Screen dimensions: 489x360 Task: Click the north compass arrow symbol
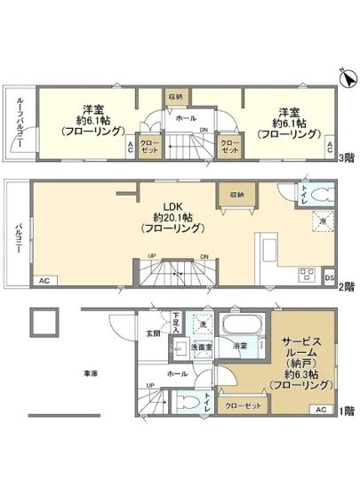click(344, 83)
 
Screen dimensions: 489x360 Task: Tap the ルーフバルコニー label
click(20, 125)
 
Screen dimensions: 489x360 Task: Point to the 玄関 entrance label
click(153, 333)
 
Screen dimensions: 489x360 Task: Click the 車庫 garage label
click(92, 373)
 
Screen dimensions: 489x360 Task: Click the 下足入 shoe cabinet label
click(177, 319)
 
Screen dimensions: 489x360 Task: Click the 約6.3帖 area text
click(303, 373)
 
